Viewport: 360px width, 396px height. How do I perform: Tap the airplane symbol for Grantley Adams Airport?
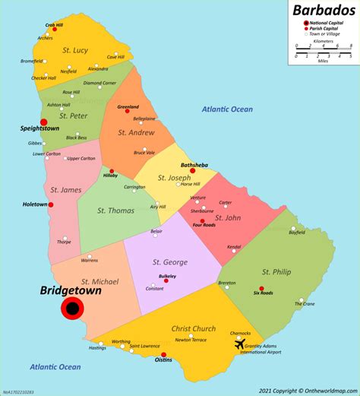(x=241, y=344)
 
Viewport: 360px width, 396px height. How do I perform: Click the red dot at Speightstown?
(x=43, y=121)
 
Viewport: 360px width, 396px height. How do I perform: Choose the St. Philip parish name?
(x=276, y=271)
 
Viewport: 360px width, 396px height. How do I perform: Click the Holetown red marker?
(x=52, y=204)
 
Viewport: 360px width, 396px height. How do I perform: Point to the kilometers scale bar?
(x=323, y=48)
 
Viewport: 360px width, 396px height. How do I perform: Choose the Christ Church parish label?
(x=193, y=328)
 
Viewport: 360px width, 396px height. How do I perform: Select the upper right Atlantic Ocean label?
(x=227, y=109)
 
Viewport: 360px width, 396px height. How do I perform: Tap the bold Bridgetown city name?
(x=71, y=290)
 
